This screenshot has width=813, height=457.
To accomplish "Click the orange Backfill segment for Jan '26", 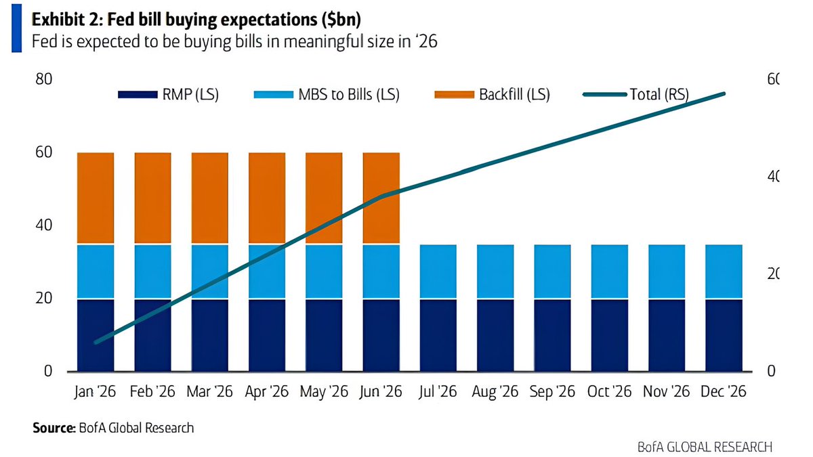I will coord(96,198).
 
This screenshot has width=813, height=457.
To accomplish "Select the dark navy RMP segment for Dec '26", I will coord(724,334).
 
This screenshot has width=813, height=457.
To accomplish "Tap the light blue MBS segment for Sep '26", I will coord(552,271).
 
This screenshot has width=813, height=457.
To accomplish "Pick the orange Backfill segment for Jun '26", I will coord(381,198).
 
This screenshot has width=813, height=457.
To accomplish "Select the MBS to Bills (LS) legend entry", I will coord(326,95).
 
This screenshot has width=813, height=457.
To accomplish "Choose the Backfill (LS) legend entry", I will coord(491,95).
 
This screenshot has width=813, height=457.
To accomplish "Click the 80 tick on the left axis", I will coord(43,79).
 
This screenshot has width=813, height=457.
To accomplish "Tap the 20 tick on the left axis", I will coord(43,299).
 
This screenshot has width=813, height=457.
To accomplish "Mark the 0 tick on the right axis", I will coord(770,372).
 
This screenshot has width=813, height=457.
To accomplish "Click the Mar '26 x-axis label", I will coord(209,391).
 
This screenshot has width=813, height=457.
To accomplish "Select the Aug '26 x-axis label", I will coord(495,391).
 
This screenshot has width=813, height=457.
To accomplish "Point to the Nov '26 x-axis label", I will coord(667,391).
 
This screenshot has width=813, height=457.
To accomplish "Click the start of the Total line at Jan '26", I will coord(96,342).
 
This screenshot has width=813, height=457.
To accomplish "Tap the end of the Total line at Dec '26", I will coord(724,93).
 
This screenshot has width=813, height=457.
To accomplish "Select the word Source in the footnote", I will coord(52,428).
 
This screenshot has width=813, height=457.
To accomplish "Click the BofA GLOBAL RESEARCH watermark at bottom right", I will coord(705,447).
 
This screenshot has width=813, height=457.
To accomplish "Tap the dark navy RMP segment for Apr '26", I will coord(267,334).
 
